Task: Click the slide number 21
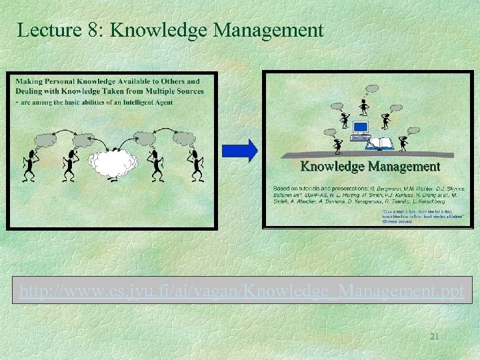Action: click(x=434, y=337)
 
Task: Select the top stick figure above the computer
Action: click(x=364, y=107)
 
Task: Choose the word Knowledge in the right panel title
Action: click(x=333, y=166)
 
